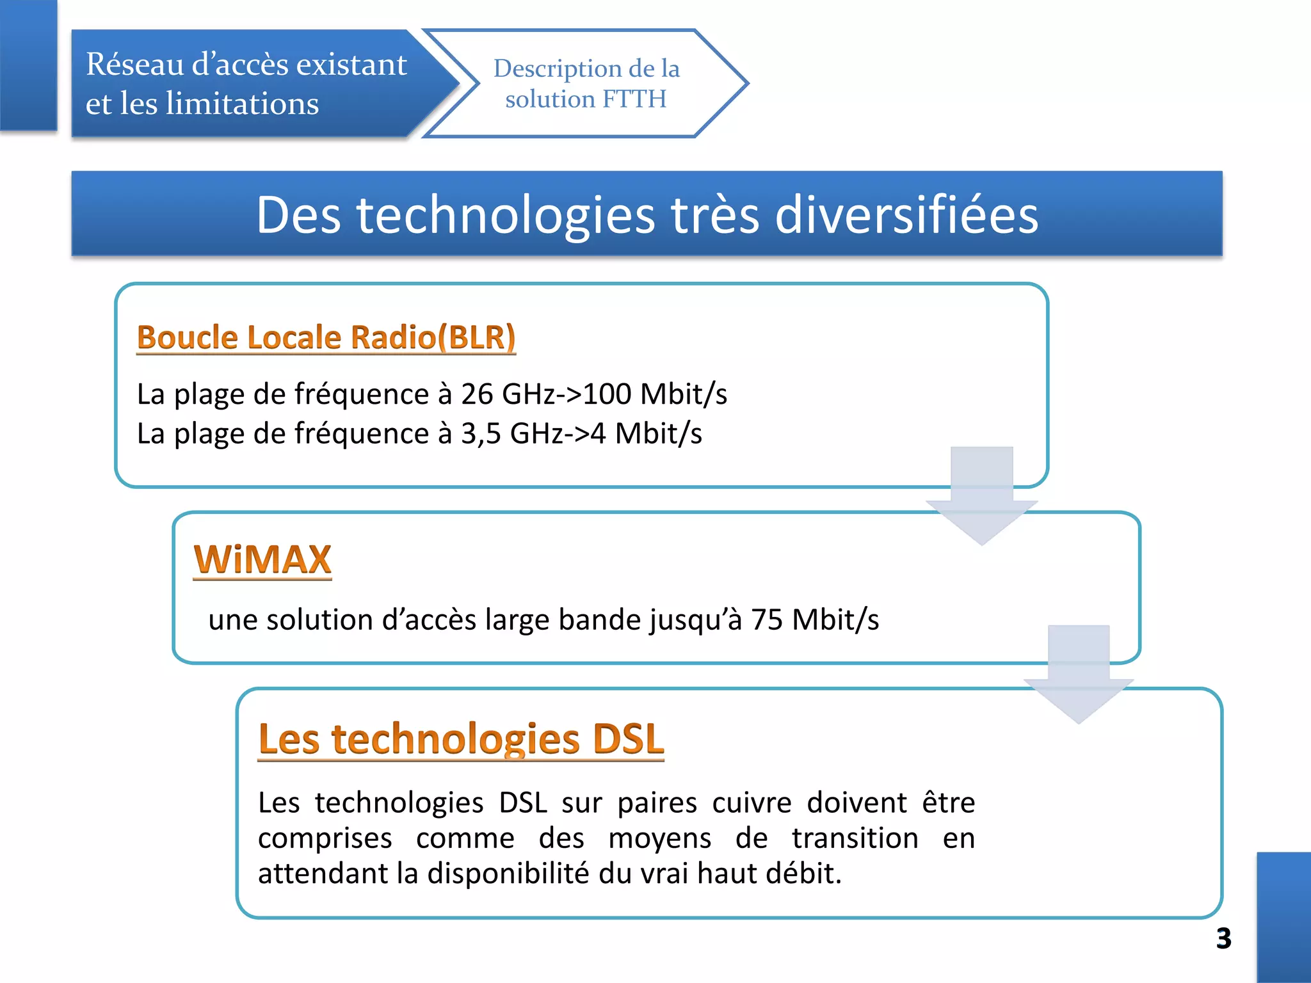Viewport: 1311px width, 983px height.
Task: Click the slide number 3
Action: point(1223,938)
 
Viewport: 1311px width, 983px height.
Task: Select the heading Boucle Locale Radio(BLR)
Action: point(326,337)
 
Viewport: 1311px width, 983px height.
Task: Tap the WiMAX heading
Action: point(262,559)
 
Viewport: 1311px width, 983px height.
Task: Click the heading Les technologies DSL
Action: point(461,739)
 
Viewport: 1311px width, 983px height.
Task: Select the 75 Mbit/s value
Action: point(815,619)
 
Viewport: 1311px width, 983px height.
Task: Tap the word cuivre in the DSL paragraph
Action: point(752,803)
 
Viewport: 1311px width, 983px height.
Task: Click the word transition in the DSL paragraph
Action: point(855,838)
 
